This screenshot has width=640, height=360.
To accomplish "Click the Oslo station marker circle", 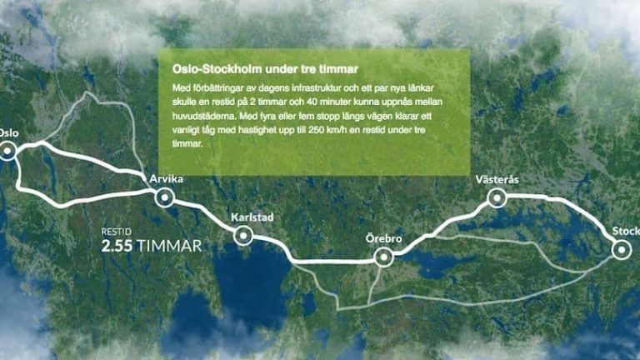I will click(8, 151).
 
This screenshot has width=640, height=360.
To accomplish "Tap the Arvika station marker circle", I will click(163, 197).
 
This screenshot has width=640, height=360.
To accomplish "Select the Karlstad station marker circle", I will click(243, 236).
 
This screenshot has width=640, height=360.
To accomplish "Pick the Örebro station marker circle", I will click(384, 257).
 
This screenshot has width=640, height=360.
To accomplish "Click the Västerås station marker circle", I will click(497, 197).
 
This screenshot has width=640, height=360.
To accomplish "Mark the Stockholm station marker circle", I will click(621, 248).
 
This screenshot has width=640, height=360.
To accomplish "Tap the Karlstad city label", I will click(251, 218).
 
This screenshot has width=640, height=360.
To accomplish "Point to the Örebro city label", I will click(384, 240).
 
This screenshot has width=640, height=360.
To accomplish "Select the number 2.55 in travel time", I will click(117, 246).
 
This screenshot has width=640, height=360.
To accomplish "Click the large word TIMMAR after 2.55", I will click(170, 246).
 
